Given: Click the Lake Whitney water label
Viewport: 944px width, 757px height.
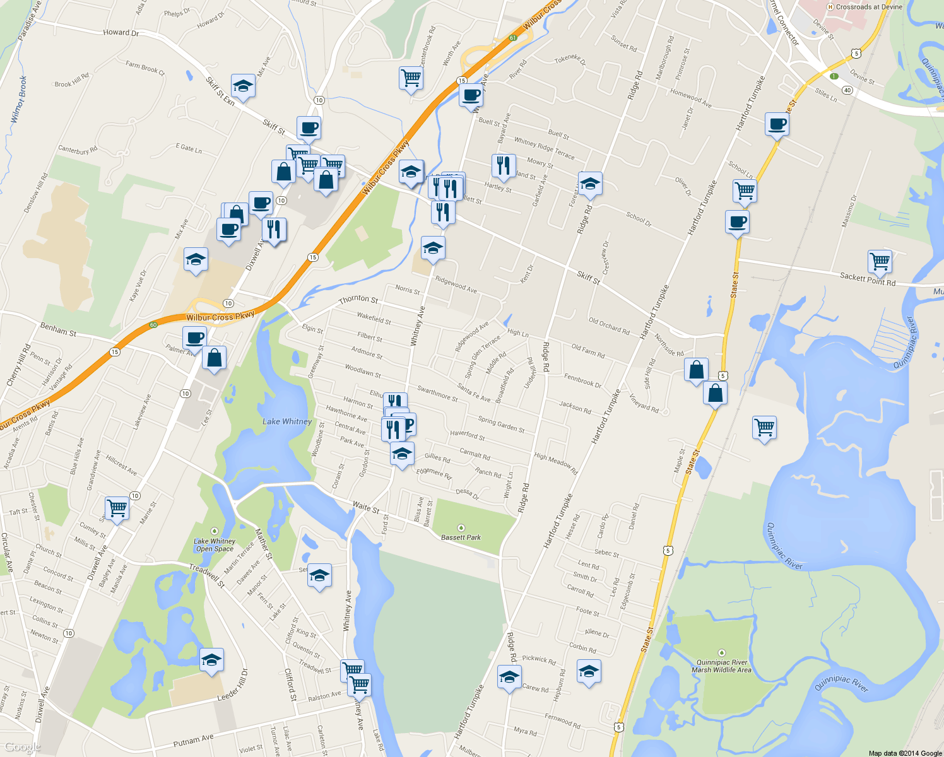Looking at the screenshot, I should pyautogui.click(x=287, y=421).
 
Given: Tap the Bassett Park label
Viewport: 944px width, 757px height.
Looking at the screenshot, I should pyautogui.click(x=461, y=537).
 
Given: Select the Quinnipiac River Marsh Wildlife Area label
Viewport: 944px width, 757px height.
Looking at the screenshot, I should pyautogui.click(x=722, y=666).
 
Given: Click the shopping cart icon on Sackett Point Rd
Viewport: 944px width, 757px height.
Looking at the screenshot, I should pyautogui.click(x=880, y=261).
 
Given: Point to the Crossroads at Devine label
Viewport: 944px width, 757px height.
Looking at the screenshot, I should pyautogui.click(x=869, y=7).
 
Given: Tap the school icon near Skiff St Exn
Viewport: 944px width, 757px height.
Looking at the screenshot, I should pyautogui.click(x=243, y=85).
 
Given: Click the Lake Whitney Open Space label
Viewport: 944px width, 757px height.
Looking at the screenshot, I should pyautogui.click(x=215, y=545).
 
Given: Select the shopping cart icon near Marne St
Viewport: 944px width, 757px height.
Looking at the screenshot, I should pyautogui.click(x=117, y=507).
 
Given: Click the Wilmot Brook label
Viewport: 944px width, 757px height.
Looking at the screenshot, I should pyautogui.click(x=19, y=100).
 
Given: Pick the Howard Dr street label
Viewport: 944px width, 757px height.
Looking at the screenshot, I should pyautogui.click(x=121, y=32).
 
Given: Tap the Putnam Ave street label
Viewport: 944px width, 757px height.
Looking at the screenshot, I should pyautogui.click(x=193, y=741).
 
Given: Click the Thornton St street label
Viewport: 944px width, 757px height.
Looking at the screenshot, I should pyautogui.click(x=358, y=299).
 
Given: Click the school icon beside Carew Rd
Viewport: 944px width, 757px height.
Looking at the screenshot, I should pyautogui.click(x=509, y=678).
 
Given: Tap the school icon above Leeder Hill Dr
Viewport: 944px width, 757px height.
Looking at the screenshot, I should pyautogui.click(x=211, y=660).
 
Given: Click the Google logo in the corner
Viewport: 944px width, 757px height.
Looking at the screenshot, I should pyautogui.click(x=22, y=747).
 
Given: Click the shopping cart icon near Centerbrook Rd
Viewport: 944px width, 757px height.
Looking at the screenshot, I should pyautogui.click(x=411, y=78).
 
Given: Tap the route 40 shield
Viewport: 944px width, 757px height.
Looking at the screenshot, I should pyautogui.click(x=847, y=90).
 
